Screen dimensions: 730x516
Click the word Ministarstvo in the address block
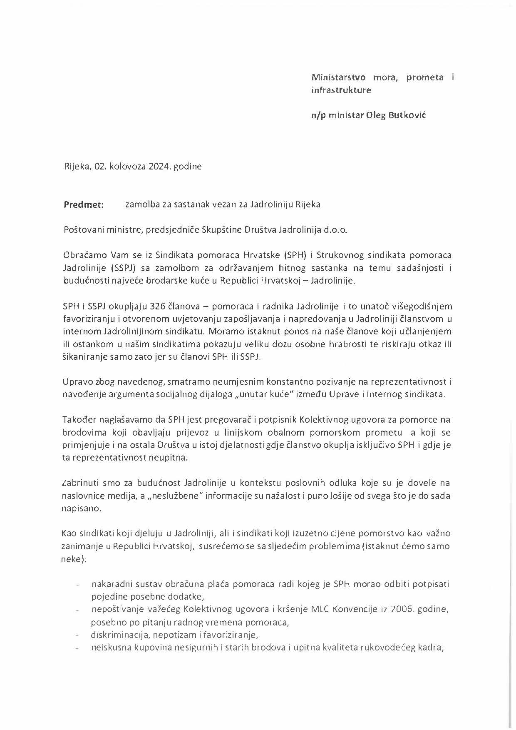[338, 77]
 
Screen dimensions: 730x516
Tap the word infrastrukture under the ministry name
[341, 90]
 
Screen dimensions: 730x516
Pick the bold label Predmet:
[84, 204]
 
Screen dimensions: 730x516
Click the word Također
[79, 420]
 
